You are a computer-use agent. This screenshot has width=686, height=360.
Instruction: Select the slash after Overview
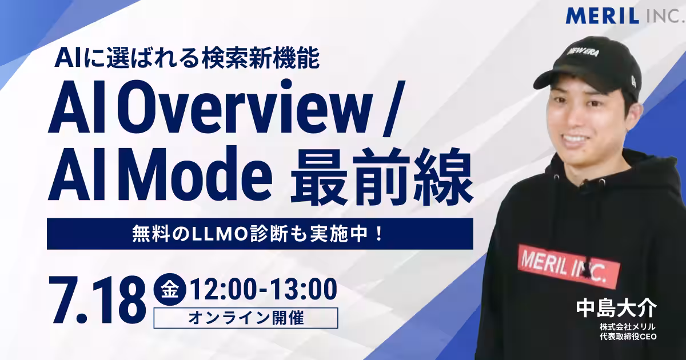pyautogui.click(x=394, y=109)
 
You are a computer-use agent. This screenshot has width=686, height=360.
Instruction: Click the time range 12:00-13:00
pyautogui.click(x=264, y=289)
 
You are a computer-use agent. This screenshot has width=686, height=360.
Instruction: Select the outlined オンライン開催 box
pyautogui.click(x=246, y=318)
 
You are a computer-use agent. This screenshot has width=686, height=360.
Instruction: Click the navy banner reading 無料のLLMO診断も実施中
pyautogui.click(x=260, y=234)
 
